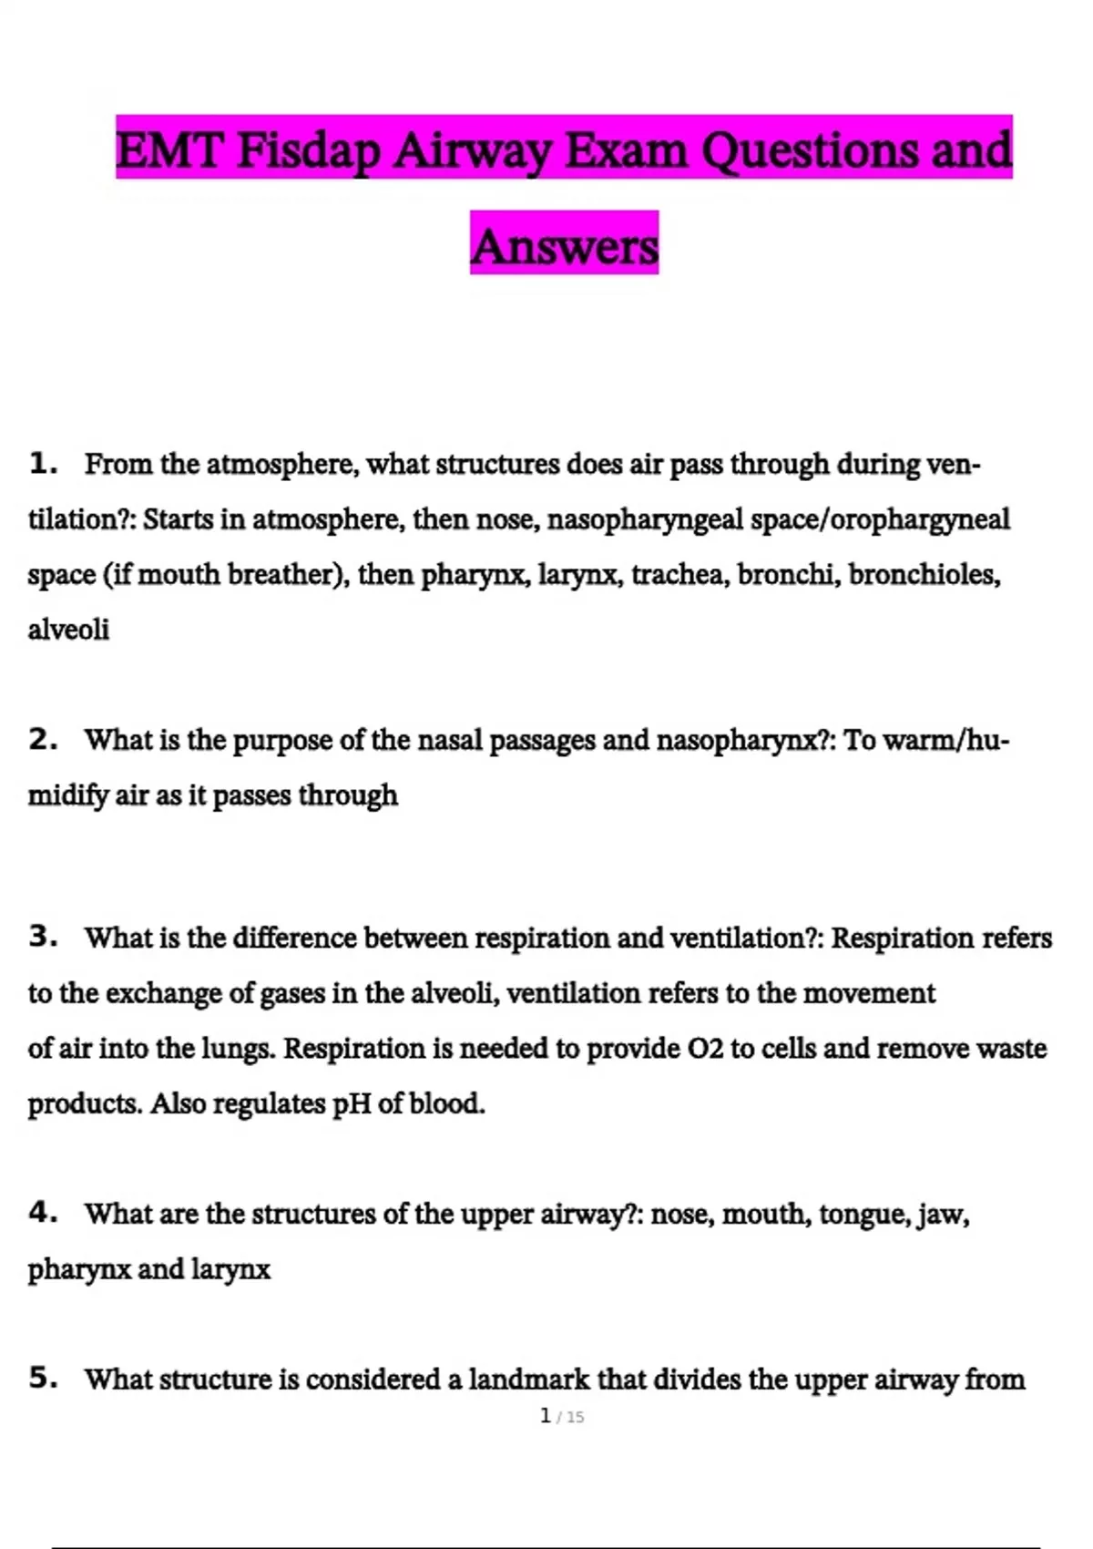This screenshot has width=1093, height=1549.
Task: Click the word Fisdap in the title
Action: (308, 150)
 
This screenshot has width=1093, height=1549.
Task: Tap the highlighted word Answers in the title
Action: (564, 246)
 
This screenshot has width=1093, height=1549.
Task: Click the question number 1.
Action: (41, 464)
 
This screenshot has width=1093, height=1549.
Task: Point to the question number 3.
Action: (42, 937)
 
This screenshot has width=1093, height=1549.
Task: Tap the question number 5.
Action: (42, 1379)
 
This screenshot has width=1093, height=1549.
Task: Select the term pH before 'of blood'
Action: (352, 1104)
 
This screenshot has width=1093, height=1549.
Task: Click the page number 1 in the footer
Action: (545, 1416)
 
